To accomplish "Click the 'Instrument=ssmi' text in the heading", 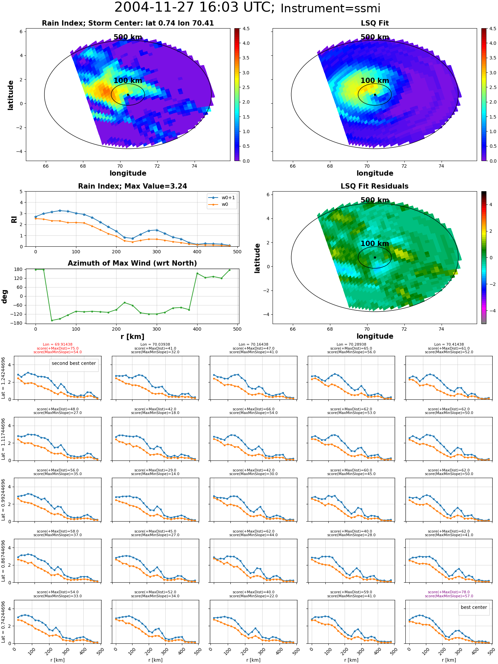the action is (330, 9).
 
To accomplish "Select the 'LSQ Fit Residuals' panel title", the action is (374, 186).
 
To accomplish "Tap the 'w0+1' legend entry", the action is (222, 198).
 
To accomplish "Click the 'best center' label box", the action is (474, 607).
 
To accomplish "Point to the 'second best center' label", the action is (74, 363).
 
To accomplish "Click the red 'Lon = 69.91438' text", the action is (57, 345).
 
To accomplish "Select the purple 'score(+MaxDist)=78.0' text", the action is (449, 592).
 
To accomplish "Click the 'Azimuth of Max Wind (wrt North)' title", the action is (132, 263).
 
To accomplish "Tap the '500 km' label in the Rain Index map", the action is (128, 37).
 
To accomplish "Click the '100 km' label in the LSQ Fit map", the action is (375, 81).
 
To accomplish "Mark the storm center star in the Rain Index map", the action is (128, 95).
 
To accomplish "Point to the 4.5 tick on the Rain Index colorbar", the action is (246, 29).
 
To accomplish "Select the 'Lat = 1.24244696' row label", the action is (3, 378).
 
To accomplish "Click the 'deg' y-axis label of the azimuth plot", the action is (4, 296).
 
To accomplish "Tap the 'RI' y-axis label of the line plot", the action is (14, 219).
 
